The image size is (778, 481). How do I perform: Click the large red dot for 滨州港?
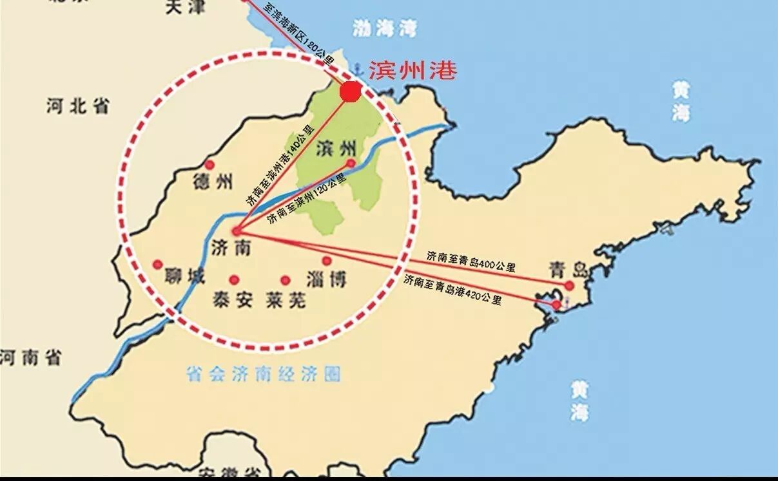[x=350, y=91]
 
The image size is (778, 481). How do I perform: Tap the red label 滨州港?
[x=412, y=70]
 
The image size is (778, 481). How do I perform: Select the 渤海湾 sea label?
[x=385, y=28]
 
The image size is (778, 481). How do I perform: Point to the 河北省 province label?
[x=77, y=106]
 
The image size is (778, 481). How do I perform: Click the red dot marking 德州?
[x=209, y=165]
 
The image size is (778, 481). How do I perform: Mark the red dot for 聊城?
[x=157, y=264]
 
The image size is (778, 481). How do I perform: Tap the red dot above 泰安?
[x=234, y=279]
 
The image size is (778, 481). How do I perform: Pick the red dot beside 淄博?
[x=327, y=261]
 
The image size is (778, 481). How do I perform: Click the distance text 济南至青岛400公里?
[x=471, y=261]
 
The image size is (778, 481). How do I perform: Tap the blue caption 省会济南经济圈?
[x=262, y=374]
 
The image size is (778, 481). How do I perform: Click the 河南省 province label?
[x=30, y=358]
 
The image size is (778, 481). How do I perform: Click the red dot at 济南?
[x=237, y=231]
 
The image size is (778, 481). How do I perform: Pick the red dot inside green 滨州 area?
[x=351, y=164]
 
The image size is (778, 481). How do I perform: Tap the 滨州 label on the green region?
[x=336, y=149]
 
